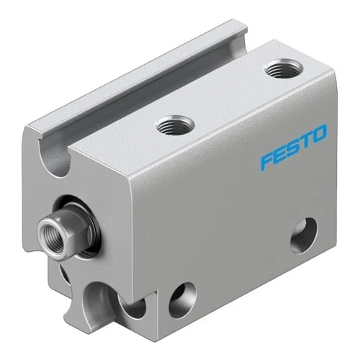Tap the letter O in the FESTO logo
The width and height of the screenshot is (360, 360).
pyautogui.click(x=319, y=133)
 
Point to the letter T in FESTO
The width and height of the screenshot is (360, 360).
pyautogui.click(x=306, y=140)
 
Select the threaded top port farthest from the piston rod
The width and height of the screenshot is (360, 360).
pyautogui.click(x=284, y=69)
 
